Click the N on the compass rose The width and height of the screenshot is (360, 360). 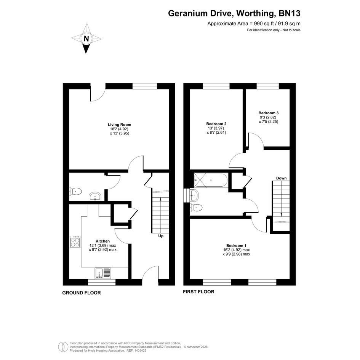point(86,38)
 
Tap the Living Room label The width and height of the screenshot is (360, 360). point(120,125)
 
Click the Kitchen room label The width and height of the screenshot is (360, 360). point(102,241)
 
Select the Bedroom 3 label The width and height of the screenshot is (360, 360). point(269,113)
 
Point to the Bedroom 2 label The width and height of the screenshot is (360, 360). point(216,124)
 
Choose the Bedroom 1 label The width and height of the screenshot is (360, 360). point(236,245)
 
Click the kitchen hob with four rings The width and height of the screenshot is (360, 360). point(75,242)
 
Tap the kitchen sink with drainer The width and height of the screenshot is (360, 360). point(103,273)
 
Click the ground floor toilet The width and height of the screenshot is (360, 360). point(75,191)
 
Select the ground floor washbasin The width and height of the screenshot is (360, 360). point(95,196)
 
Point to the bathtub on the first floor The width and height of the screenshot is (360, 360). point(211,181)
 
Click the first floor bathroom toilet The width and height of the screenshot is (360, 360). point(196,208)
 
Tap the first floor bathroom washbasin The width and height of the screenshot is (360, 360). point(194,195)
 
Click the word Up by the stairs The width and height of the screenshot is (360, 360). point(161,236)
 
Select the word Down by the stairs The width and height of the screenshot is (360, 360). point(281,178)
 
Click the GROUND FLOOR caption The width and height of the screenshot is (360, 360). point(82,293)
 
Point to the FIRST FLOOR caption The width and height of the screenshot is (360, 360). point(198,291)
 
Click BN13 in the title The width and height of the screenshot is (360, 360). point(290,13)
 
